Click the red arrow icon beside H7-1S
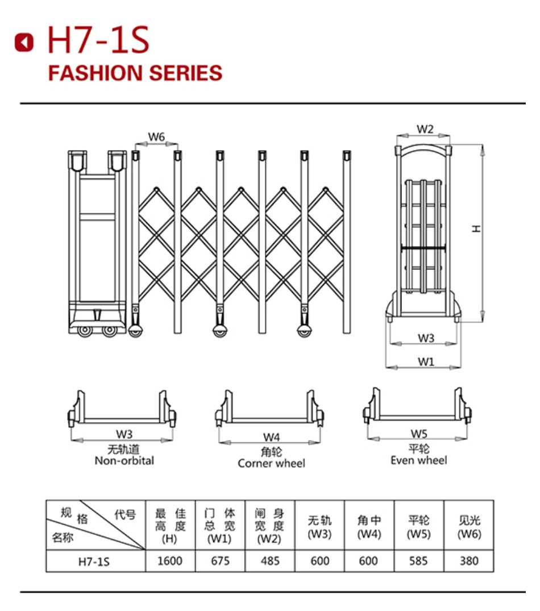point(24,41)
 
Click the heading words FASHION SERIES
point(135,73)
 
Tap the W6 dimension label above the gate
point(156,137)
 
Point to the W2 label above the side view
point(425,129)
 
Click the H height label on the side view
point(476,228)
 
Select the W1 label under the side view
point(426,361)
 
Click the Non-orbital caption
point(124,460)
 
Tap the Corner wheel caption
point(271,463)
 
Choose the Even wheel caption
point(419,460)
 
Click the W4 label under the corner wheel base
point(271,437)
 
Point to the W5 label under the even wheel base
point(419,434)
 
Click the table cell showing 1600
point(170,561)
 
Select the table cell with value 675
point(220,561)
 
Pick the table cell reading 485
point(270,561)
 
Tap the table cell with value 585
point(419,561)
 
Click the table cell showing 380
point(469,561)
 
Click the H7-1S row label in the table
point(94,562)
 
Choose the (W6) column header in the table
point(469,534)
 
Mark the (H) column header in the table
point(169,539)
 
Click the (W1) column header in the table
point(219,539)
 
